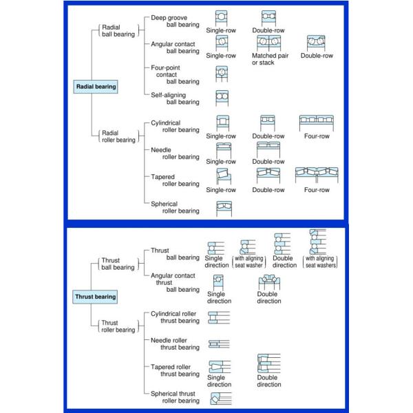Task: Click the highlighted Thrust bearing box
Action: coord(95,297)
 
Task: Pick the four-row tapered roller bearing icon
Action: coord(317,176)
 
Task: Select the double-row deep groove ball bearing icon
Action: coord(268,19)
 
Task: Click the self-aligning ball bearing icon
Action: coord(222,97)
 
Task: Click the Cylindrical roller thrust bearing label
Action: coord(175,317)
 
